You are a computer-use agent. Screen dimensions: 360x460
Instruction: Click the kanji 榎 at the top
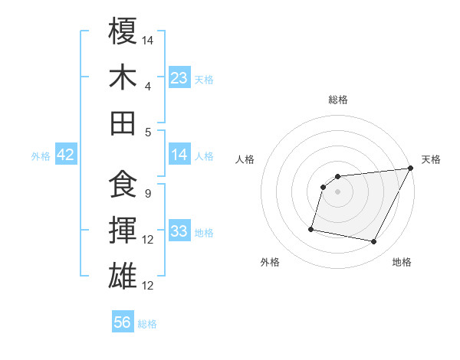coord(123,31)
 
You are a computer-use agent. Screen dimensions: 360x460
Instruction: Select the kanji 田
coord(123,123)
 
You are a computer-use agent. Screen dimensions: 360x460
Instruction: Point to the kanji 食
coord(123,185)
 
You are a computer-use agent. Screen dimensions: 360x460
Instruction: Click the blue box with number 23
coord(179,77)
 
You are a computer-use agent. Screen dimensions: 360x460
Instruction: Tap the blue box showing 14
coord(179,155)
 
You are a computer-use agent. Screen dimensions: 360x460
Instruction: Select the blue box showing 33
coord(179,232)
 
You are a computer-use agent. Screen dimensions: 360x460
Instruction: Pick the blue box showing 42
coord(65,155)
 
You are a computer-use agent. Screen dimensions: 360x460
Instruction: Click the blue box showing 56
coord(123,322)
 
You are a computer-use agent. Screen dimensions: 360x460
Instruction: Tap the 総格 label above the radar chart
coord(337,100)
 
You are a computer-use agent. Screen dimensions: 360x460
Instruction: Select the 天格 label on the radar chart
coord(431,159)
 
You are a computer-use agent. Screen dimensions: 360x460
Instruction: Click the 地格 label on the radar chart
coord(402,262)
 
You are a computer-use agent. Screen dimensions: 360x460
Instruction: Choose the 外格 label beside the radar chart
coord(270,262)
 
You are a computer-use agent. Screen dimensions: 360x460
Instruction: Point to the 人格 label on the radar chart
coord(245,159)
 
